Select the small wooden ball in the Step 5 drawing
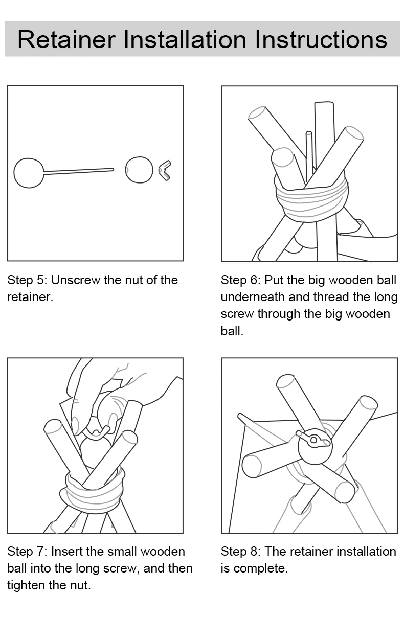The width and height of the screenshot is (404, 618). tap(139, 170)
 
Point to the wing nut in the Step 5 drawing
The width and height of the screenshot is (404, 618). tap(165, 170)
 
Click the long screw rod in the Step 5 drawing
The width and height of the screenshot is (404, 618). tap(79, 171)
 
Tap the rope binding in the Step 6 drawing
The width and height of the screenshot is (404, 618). tap(311, 200)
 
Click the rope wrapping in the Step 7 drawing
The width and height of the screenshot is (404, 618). tap(93, 491)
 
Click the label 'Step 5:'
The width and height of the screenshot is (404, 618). tap(27, 280)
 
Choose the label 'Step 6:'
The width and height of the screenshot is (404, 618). tap(241, 280)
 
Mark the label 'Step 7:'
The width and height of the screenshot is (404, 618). tap(27, 552)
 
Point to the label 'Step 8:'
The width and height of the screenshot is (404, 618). tap(241, 552)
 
